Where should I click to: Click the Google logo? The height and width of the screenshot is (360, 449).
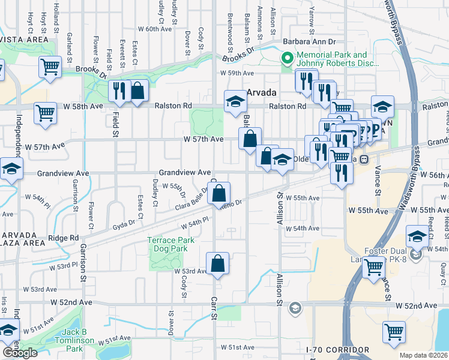(x=20, y=353)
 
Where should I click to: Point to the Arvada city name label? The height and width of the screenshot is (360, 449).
(x=262, y=93)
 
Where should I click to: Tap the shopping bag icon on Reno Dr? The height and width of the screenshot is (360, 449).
(x=220, y=194)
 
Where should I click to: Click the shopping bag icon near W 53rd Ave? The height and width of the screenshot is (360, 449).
(x=217, y=263)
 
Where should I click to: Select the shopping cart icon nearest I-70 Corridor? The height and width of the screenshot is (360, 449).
(x=394, y=332)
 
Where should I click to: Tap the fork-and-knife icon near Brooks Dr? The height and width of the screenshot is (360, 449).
(x=119, y=91)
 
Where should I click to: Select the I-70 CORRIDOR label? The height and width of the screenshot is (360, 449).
(x=337, y=349)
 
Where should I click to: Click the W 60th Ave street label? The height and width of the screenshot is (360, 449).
(x=155, y=29)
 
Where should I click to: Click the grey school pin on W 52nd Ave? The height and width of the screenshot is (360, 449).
(x=295, y=309)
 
